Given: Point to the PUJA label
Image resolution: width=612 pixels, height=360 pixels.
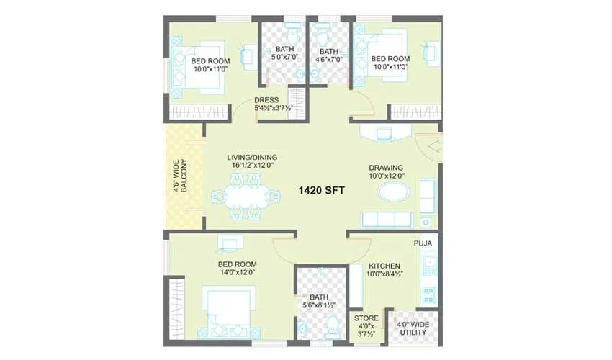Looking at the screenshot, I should (422, 244).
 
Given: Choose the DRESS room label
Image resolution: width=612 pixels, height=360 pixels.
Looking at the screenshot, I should (266, 101).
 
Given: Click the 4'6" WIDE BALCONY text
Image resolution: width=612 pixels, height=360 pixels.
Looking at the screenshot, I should (179, 176).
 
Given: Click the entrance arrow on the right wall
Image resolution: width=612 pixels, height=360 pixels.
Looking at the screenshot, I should (433, 147).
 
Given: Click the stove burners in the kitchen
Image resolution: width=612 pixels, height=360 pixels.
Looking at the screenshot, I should (428, 295).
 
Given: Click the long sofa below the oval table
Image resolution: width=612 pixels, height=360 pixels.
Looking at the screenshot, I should (387, 219).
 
